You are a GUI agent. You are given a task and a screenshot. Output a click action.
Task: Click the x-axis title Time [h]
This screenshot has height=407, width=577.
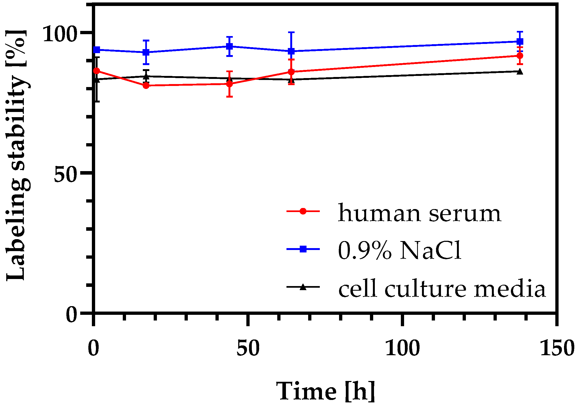[325, 391]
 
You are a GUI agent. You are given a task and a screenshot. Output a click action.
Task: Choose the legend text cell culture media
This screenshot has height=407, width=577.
[442, 289]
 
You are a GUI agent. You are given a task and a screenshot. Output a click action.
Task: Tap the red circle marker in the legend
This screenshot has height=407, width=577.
[303, 211]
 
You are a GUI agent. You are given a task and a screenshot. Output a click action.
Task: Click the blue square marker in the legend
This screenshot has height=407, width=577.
[303, 249]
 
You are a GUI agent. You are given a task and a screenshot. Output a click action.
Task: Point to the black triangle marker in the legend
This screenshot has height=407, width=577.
[303, 287]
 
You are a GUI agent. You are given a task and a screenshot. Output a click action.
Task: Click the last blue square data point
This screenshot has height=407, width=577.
[520, 41]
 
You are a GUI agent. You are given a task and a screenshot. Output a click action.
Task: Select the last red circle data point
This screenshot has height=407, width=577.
[520, 56]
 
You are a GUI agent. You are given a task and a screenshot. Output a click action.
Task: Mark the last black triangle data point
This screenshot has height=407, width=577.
[520, 72]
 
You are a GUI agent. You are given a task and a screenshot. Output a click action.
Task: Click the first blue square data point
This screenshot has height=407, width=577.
[97, 50]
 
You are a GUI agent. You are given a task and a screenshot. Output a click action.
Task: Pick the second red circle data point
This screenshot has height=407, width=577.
[146, 86]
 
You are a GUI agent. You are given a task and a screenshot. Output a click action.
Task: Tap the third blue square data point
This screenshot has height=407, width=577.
[230, 46]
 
